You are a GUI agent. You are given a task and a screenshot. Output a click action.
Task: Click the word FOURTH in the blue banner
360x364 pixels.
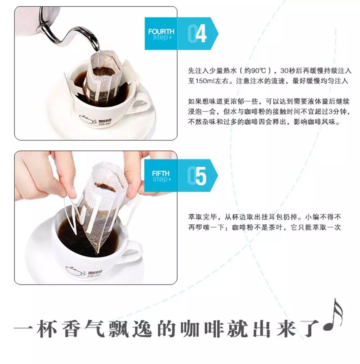(161, 31)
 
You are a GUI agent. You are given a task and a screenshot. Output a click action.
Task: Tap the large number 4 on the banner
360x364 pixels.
(201, 34)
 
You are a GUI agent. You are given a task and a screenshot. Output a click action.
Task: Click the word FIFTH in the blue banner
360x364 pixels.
(161, 174)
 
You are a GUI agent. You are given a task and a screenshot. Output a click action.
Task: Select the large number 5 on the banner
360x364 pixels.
(201, 176)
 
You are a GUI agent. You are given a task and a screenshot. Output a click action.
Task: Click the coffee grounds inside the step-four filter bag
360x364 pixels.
(103, 71)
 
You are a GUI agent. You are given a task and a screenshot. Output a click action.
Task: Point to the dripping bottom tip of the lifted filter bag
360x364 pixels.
(97, 251)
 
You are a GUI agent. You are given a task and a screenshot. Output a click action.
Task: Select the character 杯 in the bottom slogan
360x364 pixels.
(47, 329)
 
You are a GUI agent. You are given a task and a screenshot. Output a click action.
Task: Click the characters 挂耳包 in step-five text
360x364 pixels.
(272, 217)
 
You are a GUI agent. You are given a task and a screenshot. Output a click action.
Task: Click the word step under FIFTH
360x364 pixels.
(161, 180)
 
